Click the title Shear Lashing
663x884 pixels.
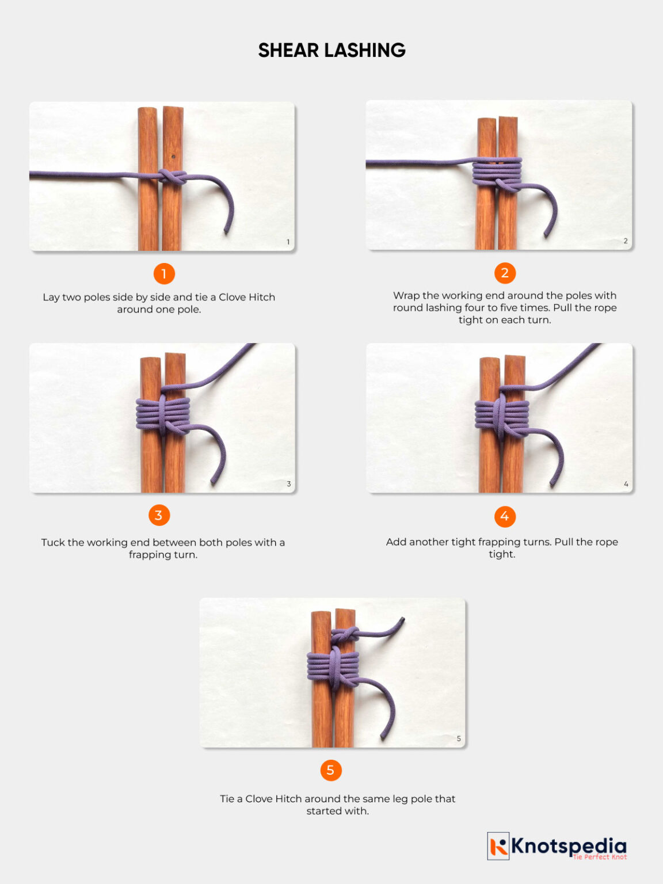coord(331,51)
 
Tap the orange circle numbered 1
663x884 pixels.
coord(164,274)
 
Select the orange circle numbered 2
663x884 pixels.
coord(505,273)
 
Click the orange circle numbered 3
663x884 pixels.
coord(159,515)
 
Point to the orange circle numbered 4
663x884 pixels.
coord(505,516)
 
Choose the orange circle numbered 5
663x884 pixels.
coord(330,770)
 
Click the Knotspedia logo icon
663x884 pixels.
coord(498,846)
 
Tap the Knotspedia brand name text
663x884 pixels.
coord(569,845)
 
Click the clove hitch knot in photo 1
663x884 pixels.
coord(171,177)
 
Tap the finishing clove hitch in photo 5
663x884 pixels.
coord(344,636)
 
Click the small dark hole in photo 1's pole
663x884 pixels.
coord(173,156)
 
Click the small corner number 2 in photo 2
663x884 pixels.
coord(626,241)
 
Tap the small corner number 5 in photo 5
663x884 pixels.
coord(459,738)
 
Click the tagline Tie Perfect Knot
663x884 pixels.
coord(599,857)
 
